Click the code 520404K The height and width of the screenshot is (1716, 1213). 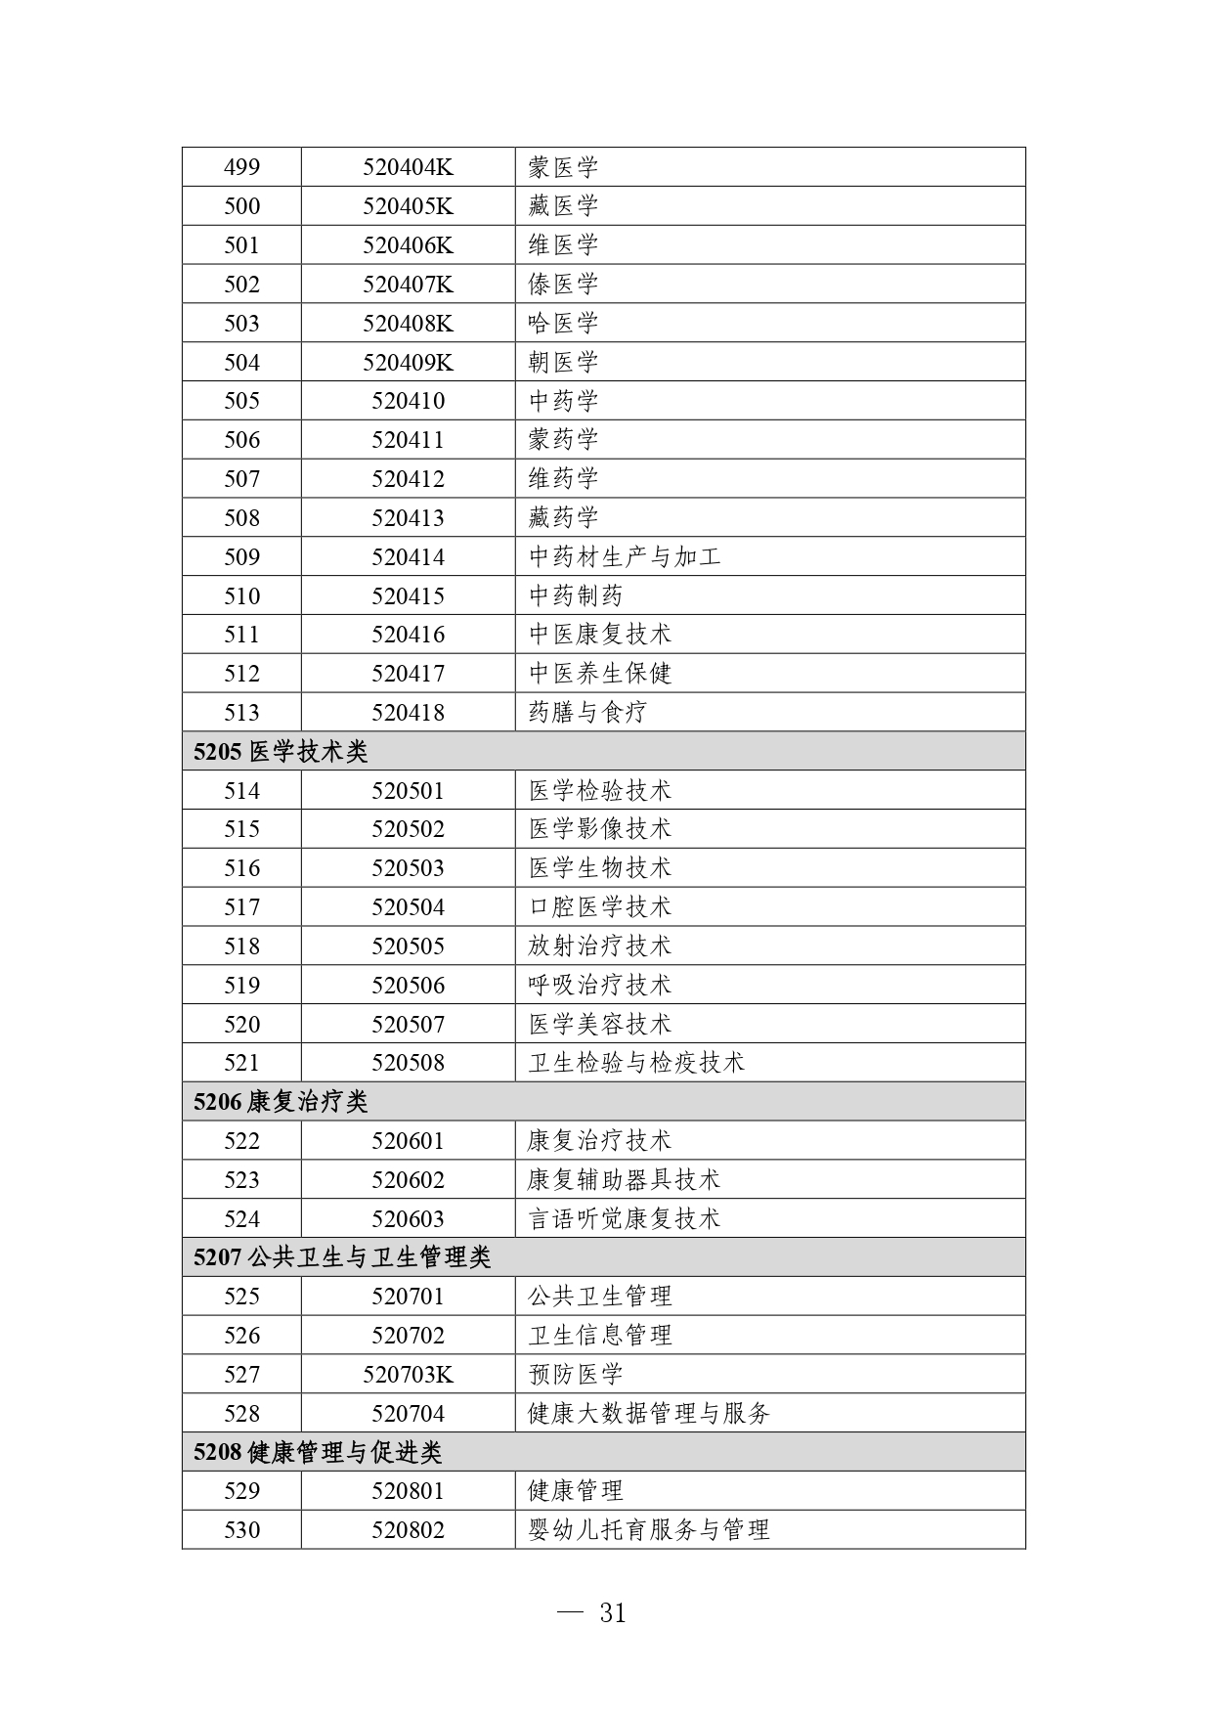[408, 167]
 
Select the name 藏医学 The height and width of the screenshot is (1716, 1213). [563, 206]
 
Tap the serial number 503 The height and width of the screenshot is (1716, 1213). [241, 324]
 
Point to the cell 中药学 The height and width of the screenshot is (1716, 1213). [563, 401]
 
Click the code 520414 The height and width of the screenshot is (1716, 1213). [408, 557]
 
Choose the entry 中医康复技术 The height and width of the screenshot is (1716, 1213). [600, 635]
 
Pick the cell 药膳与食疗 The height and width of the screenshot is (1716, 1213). [587, 713]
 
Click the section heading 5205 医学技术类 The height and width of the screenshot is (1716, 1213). [281, 752]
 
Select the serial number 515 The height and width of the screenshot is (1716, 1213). [241, 829]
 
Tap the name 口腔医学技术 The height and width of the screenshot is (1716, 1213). [600, 907]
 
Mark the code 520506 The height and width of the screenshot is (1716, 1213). [408, 986]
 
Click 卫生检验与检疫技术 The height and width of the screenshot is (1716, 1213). [636, 1063]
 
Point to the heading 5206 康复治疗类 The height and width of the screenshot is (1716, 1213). [281, 1102]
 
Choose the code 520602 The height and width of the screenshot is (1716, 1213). [408, 1180]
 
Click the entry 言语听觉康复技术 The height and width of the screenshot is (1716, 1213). [624, 1219]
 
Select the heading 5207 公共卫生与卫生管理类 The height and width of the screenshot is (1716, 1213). [342, 1257]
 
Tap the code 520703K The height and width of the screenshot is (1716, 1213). [408, 1375]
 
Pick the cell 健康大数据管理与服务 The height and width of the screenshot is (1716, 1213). [649, 1414]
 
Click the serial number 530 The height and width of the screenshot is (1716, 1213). [241, 1530]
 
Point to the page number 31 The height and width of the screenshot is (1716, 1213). [612, 1613]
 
